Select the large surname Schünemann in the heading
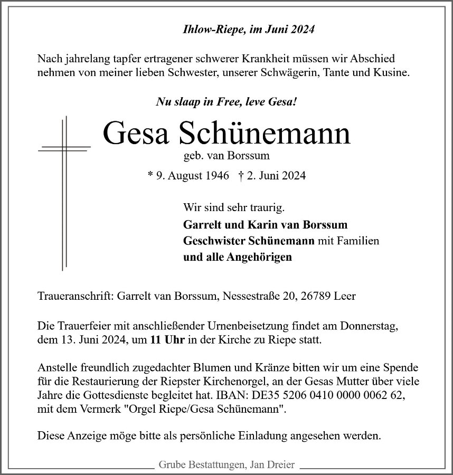265,134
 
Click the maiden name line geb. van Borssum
227,156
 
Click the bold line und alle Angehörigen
238,258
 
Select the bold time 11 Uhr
166,340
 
